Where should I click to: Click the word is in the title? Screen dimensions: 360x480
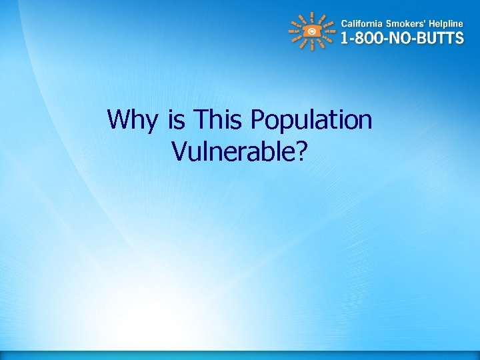pos(177,121)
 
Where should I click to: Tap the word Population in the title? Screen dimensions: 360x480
pos(311,121)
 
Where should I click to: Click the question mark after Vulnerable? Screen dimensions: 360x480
pos(302,151)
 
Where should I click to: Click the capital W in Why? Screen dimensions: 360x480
pos(118,121)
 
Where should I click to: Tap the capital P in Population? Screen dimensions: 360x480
pos(257,121)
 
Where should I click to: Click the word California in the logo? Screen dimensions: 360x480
pos(364,21)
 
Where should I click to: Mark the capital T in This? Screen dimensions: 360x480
pos(199,121)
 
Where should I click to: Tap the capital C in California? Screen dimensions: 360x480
pos(344,21)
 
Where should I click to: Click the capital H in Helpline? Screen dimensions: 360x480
pos(433,21)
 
